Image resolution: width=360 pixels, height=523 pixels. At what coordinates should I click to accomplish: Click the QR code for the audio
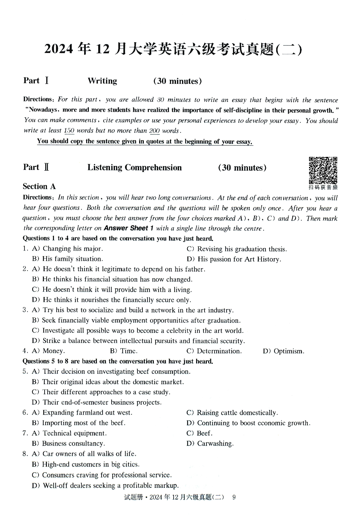(323, 170)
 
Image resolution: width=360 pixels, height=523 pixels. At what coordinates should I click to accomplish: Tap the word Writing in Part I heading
(102, 81)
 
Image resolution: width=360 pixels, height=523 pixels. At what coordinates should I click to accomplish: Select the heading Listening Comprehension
(134, 168)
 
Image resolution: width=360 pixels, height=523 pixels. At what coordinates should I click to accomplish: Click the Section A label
(39, 186)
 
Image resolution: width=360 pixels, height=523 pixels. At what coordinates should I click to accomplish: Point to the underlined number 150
(69, 131)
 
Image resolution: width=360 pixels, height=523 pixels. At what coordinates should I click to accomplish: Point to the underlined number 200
(155, 131)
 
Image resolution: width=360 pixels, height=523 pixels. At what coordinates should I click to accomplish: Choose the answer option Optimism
(289, 351)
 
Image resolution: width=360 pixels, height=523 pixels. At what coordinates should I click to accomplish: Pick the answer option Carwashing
(215, 444)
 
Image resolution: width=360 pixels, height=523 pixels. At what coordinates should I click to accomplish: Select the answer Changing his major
(72, 249)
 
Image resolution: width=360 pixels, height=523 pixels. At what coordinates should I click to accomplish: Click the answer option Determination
(219, 351)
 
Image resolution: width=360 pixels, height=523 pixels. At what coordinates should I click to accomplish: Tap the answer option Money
(54, 351)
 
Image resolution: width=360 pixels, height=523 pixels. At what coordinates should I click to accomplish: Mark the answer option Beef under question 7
(204, 433)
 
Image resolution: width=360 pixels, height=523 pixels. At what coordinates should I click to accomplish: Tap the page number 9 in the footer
(234, 497)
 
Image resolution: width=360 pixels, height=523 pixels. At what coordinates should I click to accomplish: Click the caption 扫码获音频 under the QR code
(323, 187)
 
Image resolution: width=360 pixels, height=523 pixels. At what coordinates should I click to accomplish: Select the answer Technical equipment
(74, 433)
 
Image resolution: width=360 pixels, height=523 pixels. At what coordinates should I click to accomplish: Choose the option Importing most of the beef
(83, 423)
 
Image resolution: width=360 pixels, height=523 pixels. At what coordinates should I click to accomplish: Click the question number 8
(25, 454)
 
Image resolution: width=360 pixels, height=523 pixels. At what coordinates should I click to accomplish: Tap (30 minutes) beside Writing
(178, 81)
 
